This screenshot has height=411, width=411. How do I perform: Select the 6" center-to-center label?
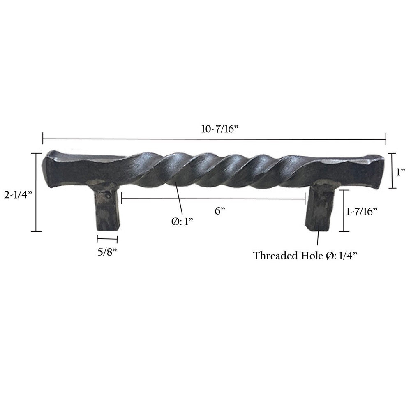tap(220, 211)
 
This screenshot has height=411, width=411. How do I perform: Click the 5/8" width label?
tap(107, 252)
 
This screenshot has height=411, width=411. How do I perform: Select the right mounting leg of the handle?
tap(319, 208)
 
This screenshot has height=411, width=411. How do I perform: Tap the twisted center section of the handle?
tap(214, 171)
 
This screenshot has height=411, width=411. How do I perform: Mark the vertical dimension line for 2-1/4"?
tap(37, 192)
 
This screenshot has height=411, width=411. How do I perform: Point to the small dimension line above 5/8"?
tap(107, 239)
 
